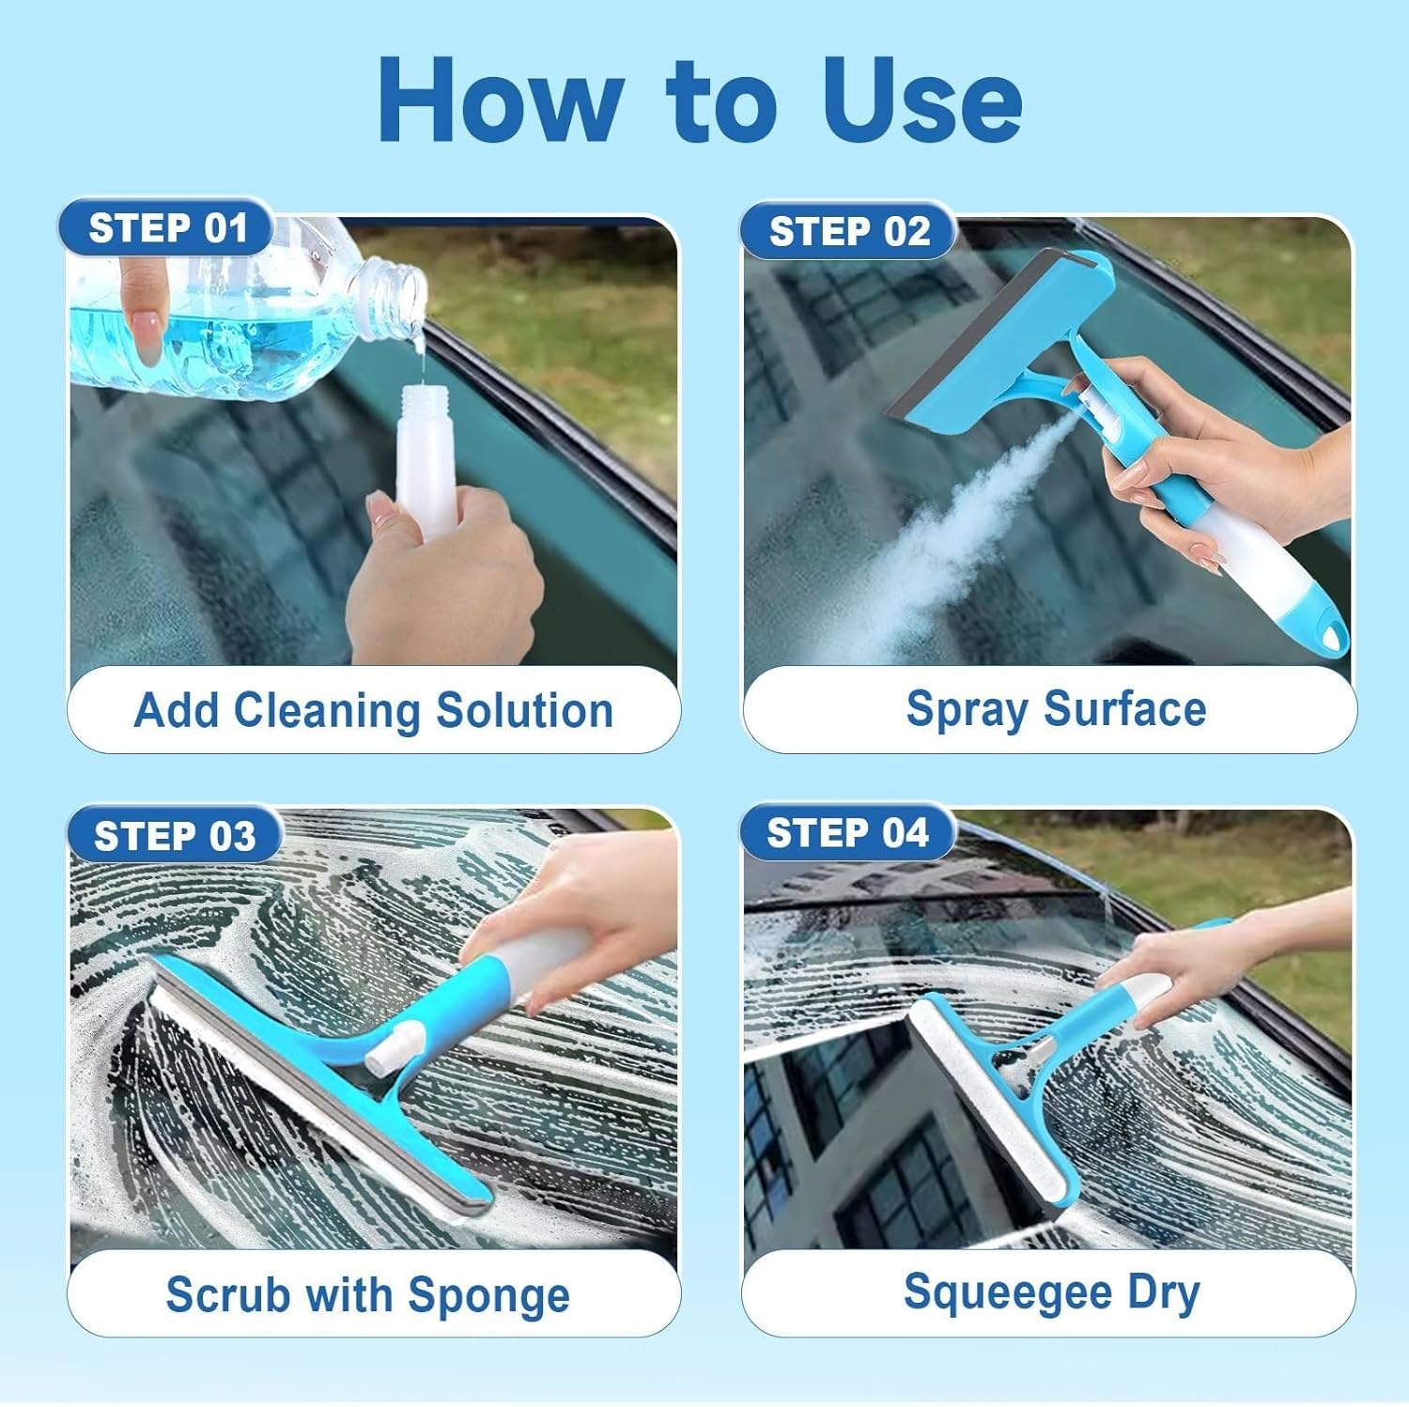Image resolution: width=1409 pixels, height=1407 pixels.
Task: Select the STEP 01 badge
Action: point(167,228)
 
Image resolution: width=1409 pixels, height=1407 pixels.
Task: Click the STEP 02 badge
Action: point(848,231)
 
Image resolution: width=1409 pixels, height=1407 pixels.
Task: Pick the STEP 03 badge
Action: point(175,835)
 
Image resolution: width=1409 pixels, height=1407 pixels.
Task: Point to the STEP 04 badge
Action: point(847,833)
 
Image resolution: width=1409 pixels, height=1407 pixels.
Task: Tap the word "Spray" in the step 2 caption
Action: point(967,710)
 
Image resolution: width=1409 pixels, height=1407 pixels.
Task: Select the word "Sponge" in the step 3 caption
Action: point(488,1296)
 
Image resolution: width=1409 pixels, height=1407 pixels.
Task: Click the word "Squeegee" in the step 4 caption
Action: point(1007,1293)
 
